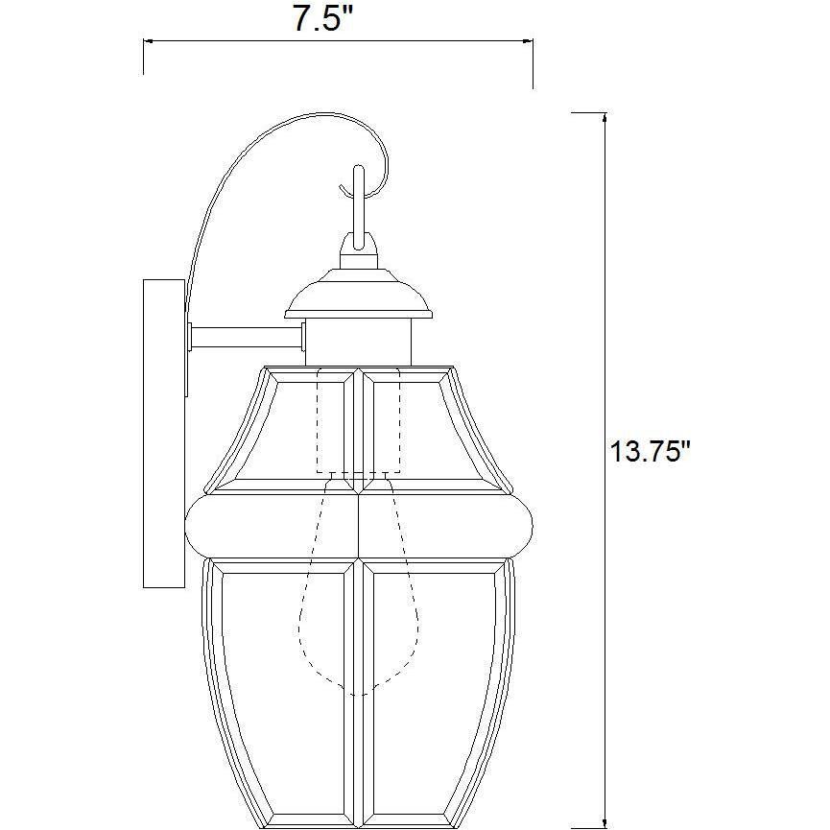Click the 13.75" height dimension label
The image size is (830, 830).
pyautogui.click(x=650, y=451)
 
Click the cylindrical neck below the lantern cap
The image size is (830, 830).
pyautogui.click(x=358, y=342)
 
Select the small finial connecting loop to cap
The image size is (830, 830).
pyautogui.click(x=359, y=255)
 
